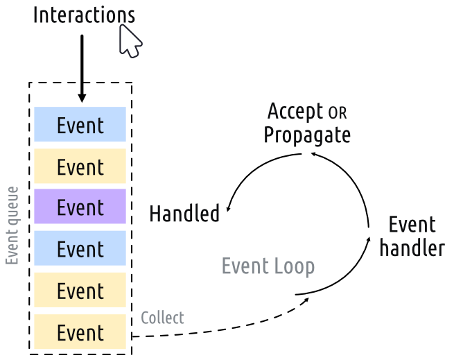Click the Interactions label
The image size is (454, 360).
(84, 15)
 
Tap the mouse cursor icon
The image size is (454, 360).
(130, 41)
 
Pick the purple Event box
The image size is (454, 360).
(80, 207)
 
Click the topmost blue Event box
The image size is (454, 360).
(80, 125)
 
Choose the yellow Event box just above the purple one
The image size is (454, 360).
(80, 166)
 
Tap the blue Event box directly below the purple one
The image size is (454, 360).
(80, 248)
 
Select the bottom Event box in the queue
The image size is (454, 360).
(80, 332)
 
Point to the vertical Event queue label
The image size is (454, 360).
(12, 225)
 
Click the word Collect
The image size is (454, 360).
(162, 318)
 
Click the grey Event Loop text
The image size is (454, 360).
(268, 266)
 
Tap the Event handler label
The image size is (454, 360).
(412, 236)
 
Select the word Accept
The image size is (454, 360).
(295, 111)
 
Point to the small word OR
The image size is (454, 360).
(337, 112)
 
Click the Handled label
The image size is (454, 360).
(184, 214)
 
